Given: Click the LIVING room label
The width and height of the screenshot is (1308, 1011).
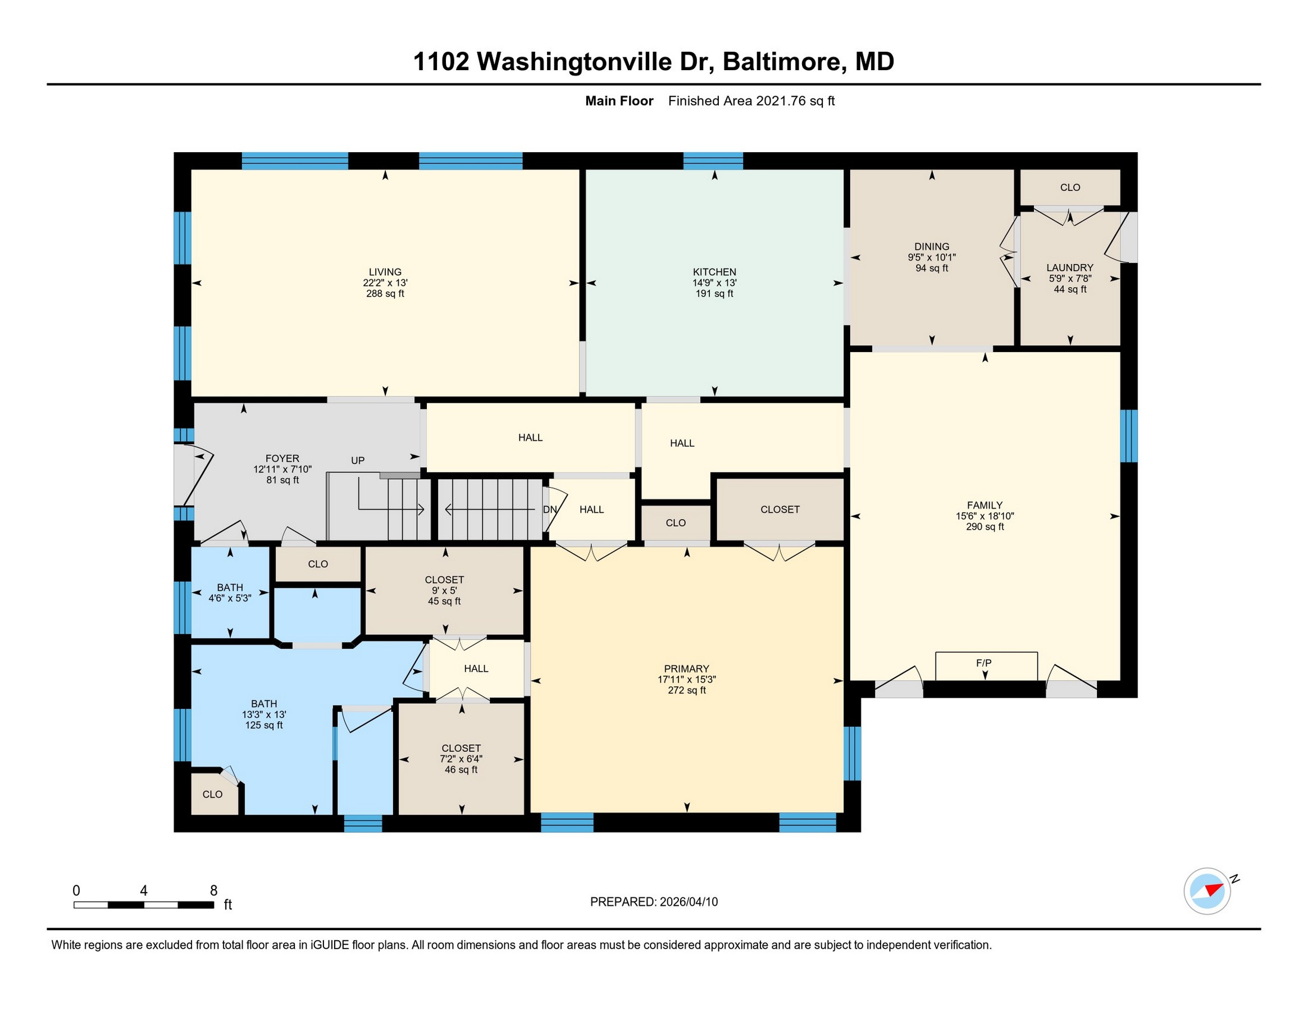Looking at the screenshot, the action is click(x=385, y=272).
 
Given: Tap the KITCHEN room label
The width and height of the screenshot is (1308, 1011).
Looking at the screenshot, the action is click(x=714, y=272).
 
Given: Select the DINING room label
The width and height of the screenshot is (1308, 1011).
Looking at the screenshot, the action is click(x=932, y=246).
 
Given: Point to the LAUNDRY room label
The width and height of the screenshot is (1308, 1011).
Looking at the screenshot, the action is click(x=1070, y=268).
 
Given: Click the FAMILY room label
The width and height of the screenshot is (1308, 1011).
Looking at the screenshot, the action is click(x=985, y=505).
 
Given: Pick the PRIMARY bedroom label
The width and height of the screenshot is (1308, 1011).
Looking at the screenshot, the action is click(x=686, y=668).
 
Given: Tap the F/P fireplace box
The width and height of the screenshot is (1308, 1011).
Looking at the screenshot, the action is click(x=986, y=666).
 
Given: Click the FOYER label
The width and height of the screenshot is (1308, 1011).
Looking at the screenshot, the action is click(x=282, y=459).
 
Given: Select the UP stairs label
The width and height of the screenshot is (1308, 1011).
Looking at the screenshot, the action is click(x=358, y=461).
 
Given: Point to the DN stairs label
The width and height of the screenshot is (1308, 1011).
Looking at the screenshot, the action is click(x=550, y=509).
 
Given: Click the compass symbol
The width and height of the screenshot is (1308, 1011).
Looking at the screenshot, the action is click(x=1207, y=891).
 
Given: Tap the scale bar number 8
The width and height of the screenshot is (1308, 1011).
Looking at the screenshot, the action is click(x=214, y=891).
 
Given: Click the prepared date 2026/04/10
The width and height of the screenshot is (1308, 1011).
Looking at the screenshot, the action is click(x=689, y=901).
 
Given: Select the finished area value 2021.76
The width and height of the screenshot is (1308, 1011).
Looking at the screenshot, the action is click(x=781, y=101).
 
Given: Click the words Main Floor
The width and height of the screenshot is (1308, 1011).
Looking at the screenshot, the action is click(x=619, y=101).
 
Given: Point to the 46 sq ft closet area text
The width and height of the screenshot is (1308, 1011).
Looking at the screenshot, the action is click(x=461, y=769).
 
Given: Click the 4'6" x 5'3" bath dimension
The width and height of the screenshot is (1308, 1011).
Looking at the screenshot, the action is click(x=230, y=598).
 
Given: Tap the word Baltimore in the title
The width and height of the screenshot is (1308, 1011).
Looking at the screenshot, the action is click(x=785, y=61).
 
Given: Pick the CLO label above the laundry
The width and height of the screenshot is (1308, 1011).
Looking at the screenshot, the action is click(x=1070, y=188).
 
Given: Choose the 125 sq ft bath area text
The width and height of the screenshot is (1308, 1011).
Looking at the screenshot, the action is click(x=264, y=725).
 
